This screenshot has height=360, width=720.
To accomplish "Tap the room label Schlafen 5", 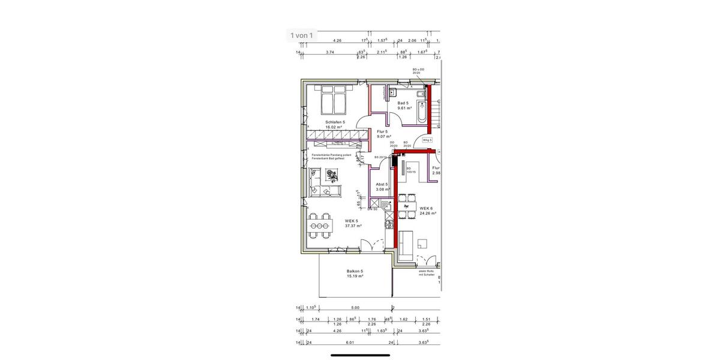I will pos(335,122).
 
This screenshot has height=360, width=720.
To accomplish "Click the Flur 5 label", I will pos(382,131).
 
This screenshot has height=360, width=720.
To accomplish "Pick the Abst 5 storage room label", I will pos(382,185).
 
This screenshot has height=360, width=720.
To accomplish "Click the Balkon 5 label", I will pos(355,271).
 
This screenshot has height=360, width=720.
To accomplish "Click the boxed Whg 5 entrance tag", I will pos(427,140).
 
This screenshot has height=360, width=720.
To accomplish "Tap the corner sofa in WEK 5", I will pos(323,182).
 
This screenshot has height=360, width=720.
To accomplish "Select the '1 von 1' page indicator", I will pos(301,35).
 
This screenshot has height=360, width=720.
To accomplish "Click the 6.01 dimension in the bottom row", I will pos(349,343).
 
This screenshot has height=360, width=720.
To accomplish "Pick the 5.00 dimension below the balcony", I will pos(355,308).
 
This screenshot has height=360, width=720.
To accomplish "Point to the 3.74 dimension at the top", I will pos(329,52).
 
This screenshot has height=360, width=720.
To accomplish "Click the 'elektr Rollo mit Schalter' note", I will pos(427,273).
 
